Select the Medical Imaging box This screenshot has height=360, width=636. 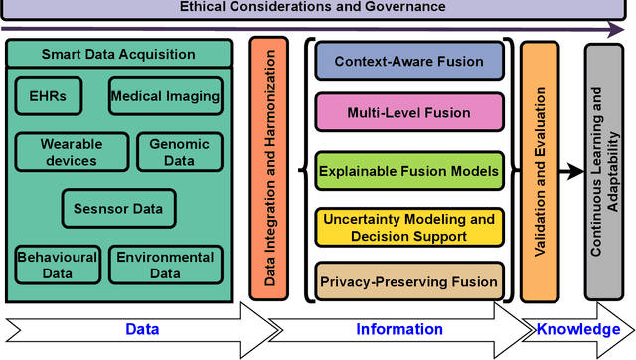166,96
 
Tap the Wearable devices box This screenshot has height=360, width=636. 72,152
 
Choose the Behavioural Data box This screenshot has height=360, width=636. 57,265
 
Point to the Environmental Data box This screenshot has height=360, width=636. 165,265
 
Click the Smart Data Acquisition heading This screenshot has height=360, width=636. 118,54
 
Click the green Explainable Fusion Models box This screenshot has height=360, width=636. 408,171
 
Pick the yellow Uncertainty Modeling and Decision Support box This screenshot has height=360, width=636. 408,227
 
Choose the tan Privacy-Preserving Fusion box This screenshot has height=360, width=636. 408,281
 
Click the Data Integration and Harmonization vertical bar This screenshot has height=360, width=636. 269,170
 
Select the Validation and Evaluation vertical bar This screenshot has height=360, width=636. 541,170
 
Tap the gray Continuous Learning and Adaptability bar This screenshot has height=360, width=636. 603,170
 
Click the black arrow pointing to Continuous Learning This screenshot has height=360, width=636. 571,171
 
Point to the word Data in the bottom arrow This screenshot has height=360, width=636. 141,329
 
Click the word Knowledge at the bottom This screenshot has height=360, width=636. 579,329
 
